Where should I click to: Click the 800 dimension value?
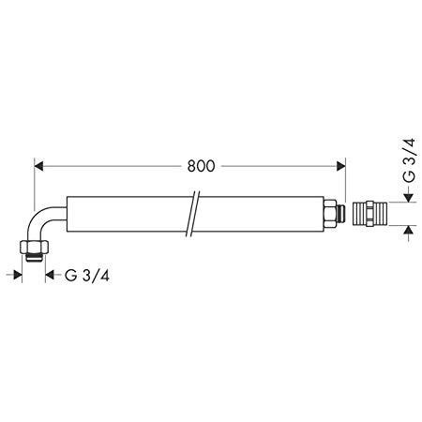click(x=201, y=166)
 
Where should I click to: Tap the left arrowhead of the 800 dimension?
click(x=38, y=166)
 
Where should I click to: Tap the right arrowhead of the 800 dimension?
click(x=340, y=166)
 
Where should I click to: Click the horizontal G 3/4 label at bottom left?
click(x=87, y=276)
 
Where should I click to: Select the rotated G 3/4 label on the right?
click(x=409, y=160)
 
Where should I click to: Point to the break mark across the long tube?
click(x=191, y=214)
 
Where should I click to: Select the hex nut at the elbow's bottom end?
click(x=34, y=247)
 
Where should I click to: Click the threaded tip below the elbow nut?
click(x=34, y=257)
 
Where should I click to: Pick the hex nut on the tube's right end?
click(x=330, y=214)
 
